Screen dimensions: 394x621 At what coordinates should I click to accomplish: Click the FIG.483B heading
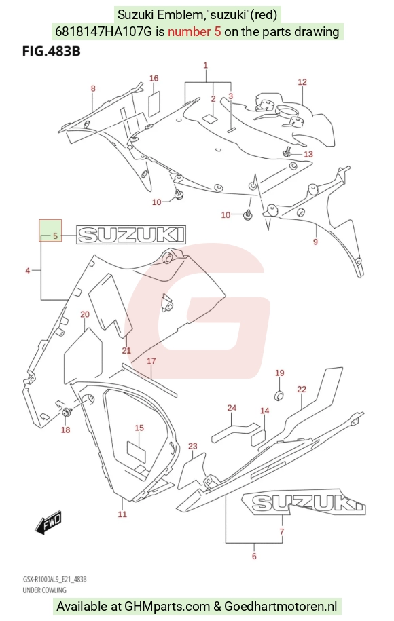(51, 52)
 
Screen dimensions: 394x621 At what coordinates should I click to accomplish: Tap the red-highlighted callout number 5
(55, 236)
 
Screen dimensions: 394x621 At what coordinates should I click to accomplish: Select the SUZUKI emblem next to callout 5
(131, 234)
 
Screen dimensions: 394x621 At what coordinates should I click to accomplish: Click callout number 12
(302, 82)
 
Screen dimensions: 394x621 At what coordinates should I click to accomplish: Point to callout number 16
(154, 78)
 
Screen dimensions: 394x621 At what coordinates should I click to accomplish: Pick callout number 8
(93, 88)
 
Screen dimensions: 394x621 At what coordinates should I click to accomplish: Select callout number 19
(279, 373)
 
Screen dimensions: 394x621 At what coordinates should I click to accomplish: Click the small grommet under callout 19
(280, 395)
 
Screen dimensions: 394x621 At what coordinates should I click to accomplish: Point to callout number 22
(302, 390)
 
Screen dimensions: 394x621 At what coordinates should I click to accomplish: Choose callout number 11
(122, 514)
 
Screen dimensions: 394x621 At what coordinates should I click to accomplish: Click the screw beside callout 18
(66, 412)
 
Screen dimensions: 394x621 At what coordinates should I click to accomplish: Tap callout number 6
(254, 556)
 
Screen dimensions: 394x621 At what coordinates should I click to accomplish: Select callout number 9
(315, 241)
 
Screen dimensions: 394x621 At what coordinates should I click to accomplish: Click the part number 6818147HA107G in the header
(103, 31)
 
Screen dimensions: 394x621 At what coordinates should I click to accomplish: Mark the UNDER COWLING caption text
(44, 590)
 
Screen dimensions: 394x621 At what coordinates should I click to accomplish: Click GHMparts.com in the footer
(167, 606)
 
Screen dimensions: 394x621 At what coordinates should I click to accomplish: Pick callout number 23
(193, 447)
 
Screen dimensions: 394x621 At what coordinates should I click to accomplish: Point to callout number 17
(151, 361)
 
